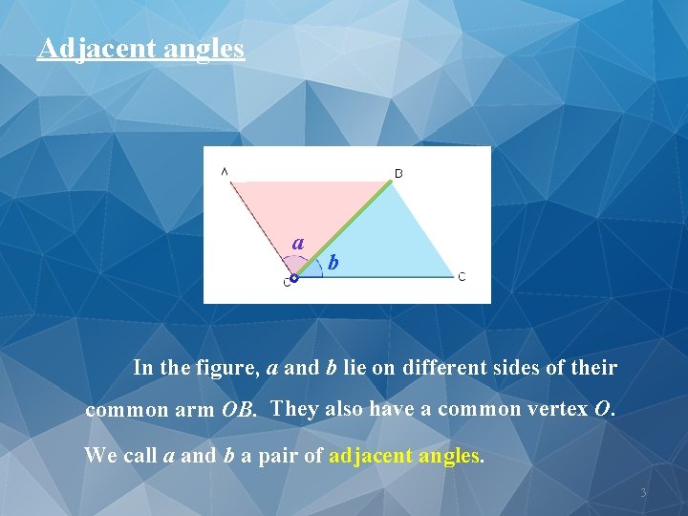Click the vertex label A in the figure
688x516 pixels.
[x=225, y=172]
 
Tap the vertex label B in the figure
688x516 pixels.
[x=398, y=173]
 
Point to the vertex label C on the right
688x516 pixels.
[x=462, y=277]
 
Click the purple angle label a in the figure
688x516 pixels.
[x=298, y=244]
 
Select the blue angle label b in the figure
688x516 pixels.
[x=333, y=262]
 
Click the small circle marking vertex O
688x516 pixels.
[x=293, y=278]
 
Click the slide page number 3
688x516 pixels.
[x=643, y=493]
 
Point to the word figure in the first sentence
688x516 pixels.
[x=228, y=368]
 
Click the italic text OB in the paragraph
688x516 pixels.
[x=240, y=412]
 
